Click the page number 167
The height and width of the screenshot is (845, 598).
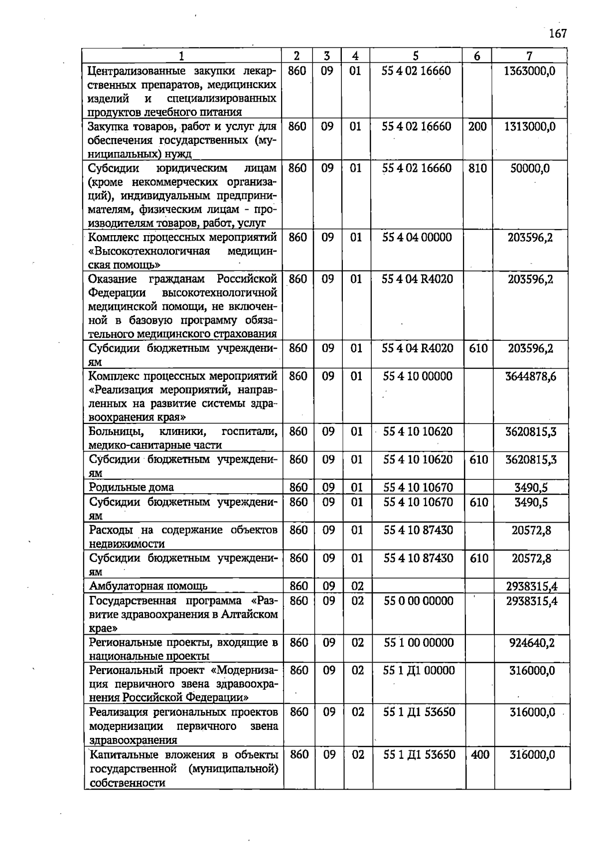558,34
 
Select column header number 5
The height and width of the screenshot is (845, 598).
416,56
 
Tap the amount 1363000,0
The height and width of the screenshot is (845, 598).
530,71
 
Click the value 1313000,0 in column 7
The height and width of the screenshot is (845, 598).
530,127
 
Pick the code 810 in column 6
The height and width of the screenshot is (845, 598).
477,168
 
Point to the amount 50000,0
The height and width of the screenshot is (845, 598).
530,168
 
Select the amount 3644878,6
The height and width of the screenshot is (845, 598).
531,376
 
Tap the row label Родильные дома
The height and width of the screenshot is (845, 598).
131,487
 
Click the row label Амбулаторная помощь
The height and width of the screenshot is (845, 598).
148,586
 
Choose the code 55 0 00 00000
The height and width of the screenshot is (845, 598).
419,601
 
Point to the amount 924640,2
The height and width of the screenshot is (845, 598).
532,643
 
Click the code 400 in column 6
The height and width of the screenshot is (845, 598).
480,755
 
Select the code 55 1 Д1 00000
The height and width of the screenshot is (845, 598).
419,671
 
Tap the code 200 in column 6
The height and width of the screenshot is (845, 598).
477,127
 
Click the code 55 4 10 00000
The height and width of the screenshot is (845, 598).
418,376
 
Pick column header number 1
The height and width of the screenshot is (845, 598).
181,56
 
